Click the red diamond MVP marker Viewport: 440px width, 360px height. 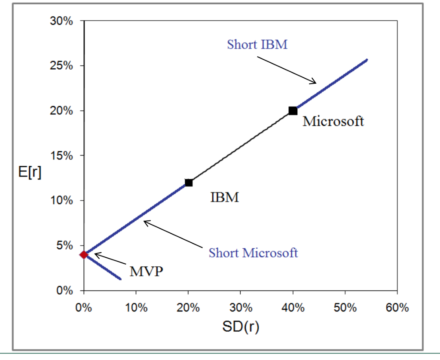(x=84, y=255)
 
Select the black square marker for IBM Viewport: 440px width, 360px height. (x=189, y=183)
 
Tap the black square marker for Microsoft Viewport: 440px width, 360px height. (x=293, y=111)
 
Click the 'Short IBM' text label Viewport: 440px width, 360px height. (x=257, y=45)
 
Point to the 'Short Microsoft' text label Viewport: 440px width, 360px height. (x=253, y=253)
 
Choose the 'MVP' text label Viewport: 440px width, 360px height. (x=147, y=272)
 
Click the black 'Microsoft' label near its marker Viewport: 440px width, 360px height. (x=333, y=122)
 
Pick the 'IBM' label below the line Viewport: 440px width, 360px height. (x=224, y=198)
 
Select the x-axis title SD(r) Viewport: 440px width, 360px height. (x=241, y=327)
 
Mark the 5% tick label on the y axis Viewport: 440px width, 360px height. (x=66, y=245)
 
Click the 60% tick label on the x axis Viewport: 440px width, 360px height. (x=397, y=308)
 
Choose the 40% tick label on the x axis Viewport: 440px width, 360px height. (x=293, y=308)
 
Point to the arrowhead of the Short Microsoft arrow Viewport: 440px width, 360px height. (x=145, y=222)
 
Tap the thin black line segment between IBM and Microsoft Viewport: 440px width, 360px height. (x=241, y=147)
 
